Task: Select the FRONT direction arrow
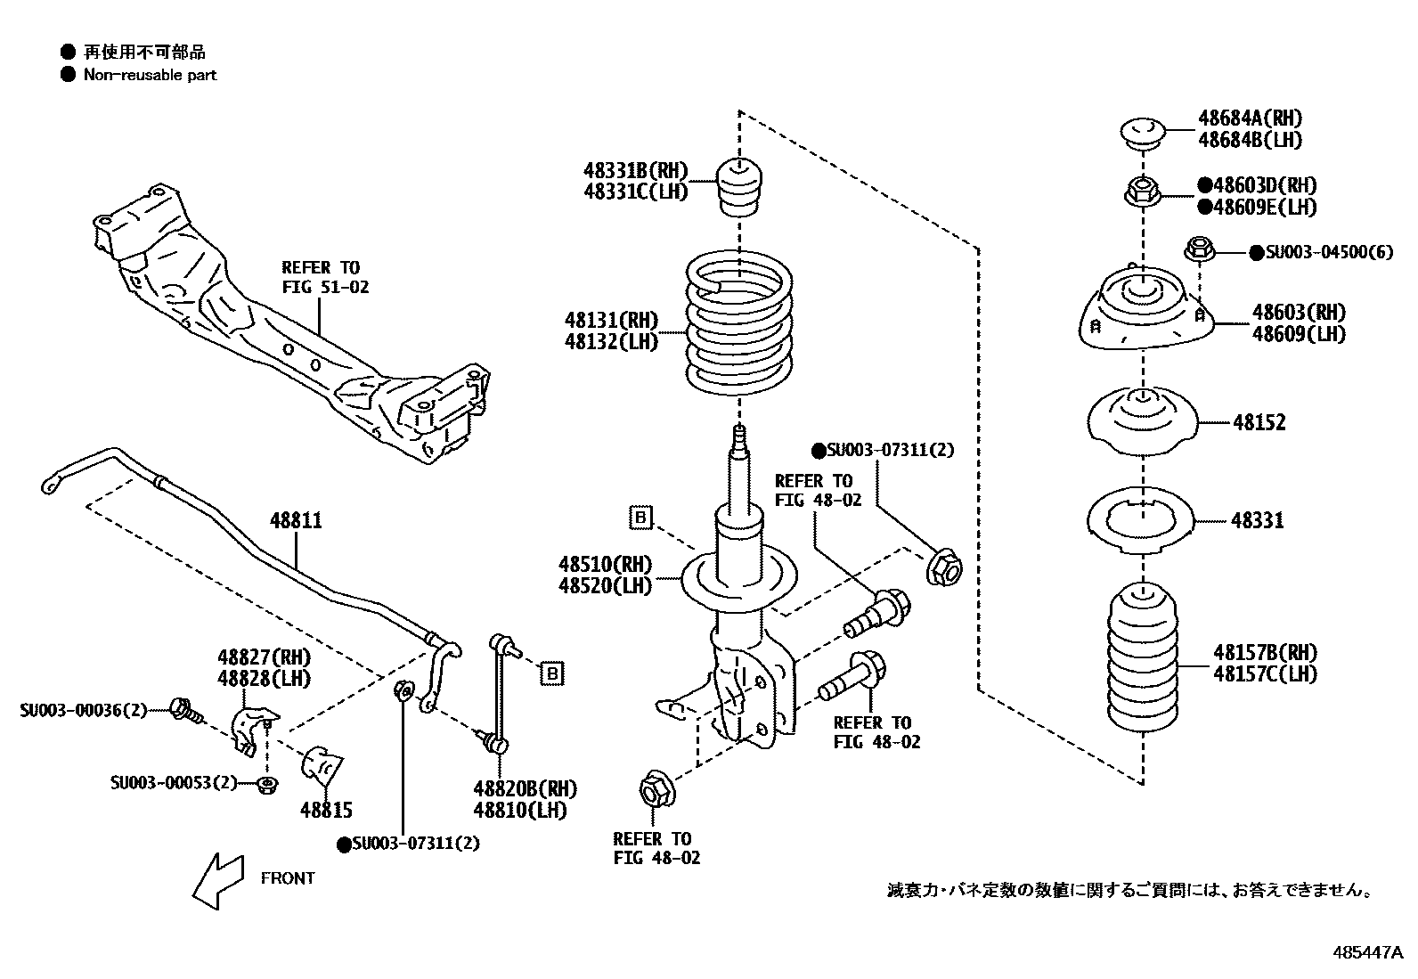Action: (x=219, y=879)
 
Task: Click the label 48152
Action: (x=1259, y=423)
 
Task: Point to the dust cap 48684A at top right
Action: (x=1143, y=135)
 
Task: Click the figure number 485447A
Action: (x=1368, y=953)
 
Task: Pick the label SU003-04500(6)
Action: (x=1326, y=252)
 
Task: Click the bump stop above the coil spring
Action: (x=738, y=186)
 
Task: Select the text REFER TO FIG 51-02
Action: (x=324, y=277)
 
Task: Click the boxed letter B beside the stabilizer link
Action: (x=552, y=673)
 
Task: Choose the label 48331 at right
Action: (x=1258, y=521)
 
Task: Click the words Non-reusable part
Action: (x=150, y=76)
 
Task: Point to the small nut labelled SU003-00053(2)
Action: (x=265, y=785)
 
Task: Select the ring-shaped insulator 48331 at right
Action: (x=1143, y=519)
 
